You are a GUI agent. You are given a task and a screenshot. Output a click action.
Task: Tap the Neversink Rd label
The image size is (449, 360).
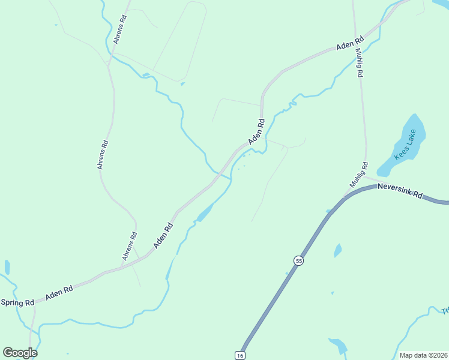400,191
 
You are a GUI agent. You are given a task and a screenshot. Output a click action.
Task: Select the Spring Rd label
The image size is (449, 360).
17,302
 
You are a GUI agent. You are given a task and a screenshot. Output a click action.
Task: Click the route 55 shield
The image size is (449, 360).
298,260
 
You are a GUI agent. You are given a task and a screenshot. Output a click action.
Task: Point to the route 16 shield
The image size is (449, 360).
240,355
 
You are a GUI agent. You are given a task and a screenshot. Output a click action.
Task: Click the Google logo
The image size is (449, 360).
20,353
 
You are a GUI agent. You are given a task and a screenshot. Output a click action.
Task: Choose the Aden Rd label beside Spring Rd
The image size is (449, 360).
59,293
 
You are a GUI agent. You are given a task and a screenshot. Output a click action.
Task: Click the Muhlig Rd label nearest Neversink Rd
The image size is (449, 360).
358,175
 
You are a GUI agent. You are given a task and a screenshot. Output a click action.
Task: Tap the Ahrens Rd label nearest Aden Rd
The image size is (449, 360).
130,246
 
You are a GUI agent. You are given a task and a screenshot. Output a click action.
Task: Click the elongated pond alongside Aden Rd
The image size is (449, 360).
205,212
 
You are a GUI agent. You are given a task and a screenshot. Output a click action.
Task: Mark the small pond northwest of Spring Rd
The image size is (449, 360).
7,267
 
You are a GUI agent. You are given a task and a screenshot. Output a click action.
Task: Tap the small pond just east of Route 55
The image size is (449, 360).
338,250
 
